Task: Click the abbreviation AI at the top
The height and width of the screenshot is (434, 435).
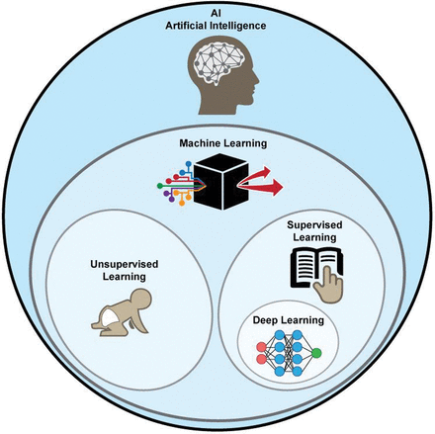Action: coord(216,14)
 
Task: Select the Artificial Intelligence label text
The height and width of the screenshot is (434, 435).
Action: coord(216,26)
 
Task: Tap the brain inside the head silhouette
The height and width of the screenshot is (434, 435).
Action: coord(218,62)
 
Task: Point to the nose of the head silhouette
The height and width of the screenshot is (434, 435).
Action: coord(256,80)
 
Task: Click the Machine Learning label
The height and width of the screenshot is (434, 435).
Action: coord(223,143)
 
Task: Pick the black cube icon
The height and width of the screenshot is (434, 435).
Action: coord(220,182)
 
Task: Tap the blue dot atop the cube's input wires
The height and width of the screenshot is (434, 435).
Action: coord(189,163)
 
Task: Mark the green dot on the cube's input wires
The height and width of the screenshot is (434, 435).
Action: coord(160,186)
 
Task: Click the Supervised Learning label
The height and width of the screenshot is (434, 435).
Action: coord(314,231)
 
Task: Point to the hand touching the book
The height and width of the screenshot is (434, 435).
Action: coord(328,285)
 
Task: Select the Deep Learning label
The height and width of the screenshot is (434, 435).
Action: coord(289,320)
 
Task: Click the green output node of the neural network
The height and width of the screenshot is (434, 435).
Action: coord(316,353)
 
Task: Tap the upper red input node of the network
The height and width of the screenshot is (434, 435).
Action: coord(261,347)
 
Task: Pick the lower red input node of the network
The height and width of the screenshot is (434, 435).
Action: coord(261,359)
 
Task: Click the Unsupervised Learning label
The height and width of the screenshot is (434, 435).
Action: coord(125,270)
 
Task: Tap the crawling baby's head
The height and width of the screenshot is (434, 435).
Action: coord(141,300)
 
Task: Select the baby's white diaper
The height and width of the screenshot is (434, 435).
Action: coord(110,317)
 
